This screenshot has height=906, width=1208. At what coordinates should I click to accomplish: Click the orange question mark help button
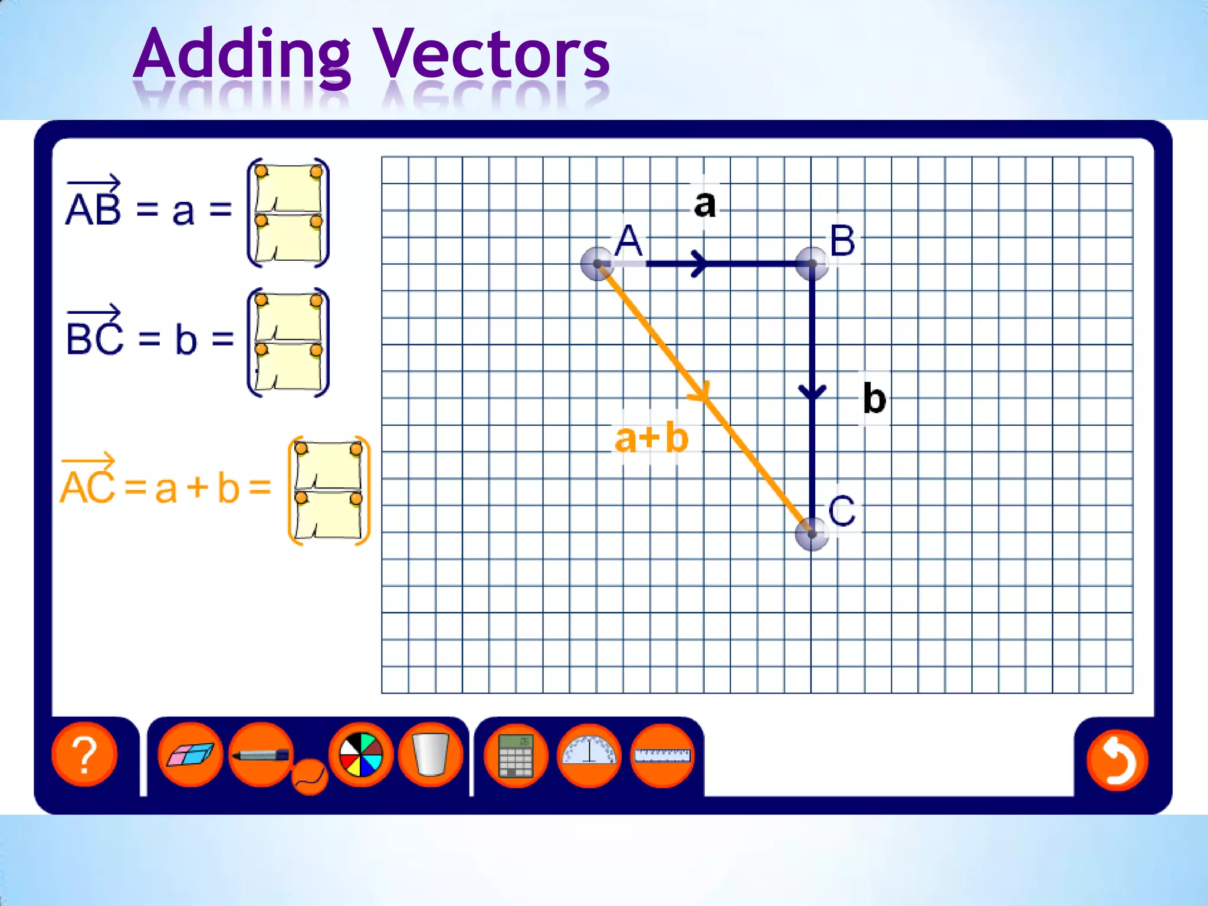click(84, 754)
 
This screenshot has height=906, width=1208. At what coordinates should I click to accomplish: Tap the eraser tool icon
click(190, 754)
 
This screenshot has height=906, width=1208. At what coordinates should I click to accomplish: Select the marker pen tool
click(261, 754)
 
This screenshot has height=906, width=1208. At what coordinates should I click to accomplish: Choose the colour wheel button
click(361, 754)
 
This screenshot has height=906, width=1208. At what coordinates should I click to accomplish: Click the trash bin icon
click(431, 754)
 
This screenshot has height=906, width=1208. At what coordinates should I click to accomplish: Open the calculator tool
click(516, 756)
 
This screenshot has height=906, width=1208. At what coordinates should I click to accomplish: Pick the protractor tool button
click(589, 756)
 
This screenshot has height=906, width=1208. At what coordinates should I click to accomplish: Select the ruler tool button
click(662, 756)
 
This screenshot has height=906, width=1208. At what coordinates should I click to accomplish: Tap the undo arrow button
click(1117, 760)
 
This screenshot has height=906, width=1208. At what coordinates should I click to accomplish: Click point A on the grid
click(597, 264)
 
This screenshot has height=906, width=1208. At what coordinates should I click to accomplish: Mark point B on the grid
click(812, 264)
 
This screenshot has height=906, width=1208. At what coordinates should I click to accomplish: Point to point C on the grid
click(812, 533)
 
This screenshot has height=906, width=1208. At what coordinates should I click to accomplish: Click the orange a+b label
click(651, 438)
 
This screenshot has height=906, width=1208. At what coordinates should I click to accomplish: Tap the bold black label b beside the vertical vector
click(874, 398)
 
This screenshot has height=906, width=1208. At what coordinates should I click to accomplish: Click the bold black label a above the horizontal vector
click(705, 203)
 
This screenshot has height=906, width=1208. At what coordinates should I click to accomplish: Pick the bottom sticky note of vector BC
click(288, 367)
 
